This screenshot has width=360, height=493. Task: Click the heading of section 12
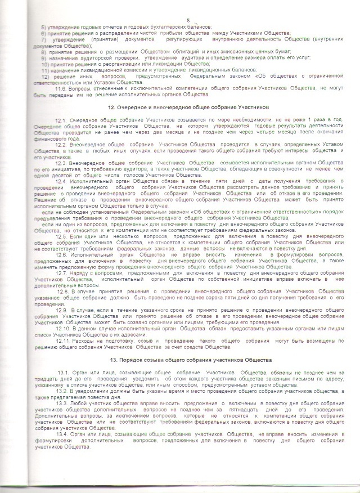pyautogui.click(x=183, y=107)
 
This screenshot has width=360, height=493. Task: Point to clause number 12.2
pyautogui.click(x=61, y=145)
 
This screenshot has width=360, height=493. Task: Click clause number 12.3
pyautogui.click(x=61, y=163)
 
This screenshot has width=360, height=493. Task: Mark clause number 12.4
pyautogui.click(x=61, y=180)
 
